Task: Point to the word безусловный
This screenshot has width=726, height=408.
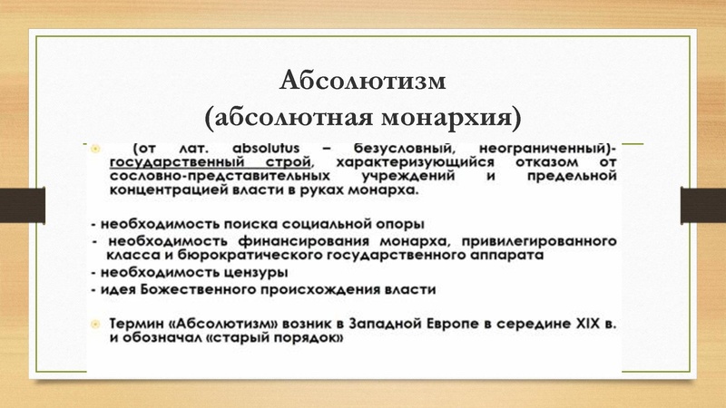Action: pyautogui.click(x=402, y=148)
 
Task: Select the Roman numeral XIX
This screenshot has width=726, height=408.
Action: pyautogui.click(x=587, y=324)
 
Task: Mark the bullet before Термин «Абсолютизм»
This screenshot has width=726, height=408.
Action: pyautogui.click(x=93, y=324)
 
